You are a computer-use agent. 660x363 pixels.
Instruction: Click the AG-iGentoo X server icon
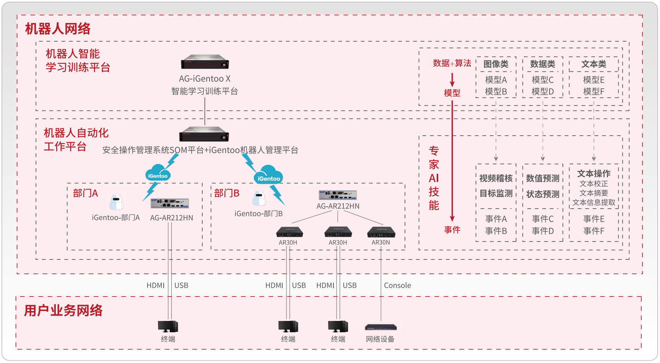pyautogui.click(x=205, y=62)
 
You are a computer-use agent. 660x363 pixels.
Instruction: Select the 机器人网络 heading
pyautogui.click(x=58, y=29)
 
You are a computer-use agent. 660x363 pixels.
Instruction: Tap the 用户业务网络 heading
pyautogui.click(x=63, y=310)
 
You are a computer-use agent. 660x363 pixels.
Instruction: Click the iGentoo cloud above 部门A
pyautogui.click(x=158, y=173)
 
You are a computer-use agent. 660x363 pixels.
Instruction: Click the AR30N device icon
pyautogui.click(x=381, y=232)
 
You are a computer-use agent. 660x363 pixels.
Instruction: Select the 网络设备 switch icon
pyautogui.click(x=381, y=327)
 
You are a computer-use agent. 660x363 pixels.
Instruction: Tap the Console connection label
pyautogui.click(x=397, y=285)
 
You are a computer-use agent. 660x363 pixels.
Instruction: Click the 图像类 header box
pyautogui.click(x=496, y=64)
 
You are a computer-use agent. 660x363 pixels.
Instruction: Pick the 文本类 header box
pyautogui.click(x=593, y=64)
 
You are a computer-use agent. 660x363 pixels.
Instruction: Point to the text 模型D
pyautogui.click(x=543, y=92)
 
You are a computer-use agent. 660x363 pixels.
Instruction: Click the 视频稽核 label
pyautogui.click(x=496, y=178)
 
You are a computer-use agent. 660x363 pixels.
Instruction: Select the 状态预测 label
pyautogui.click(x=543, y=194)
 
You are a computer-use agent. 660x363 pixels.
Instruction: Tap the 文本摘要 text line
pyautogui.click(x=593, y=193)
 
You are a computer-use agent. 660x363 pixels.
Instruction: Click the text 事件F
pyautogui.click(x=593, y=231)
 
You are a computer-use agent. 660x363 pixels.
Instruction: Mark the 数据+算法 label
pyautogui.click(x=452, y=63)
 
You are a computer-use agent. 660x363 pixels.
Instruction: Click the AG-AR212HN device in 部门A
pyautogui.click(x=170, y=203)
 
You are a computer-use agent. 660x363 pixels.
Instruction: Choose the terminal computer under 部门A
pyautogui.click(x=168, y=326)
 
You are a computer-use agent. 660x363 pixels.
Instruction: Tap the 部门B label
pyautogui.click(x=227, y=193)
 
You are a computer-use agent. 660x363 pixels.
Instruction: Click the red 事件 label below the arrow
pyautogui.click(x=452, y=230)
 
